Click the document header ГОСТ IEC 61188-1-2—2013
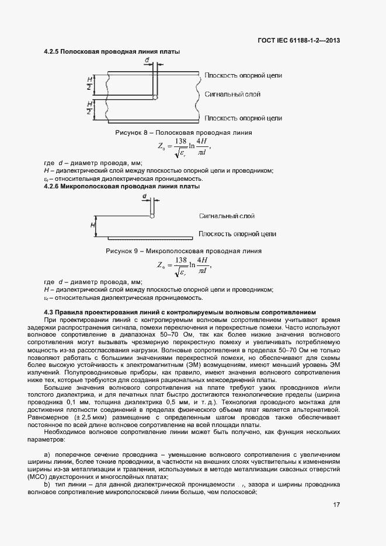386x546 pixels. [x=298, y=40]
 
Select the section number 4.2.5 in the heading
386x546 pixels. [x=52, y=52]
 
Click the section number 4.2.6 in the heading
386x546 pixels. [x=52, y=187]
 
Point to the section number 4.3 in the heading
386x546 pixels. [x=48, y=312]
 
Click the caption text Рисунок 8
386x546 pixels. [x=134, y=132]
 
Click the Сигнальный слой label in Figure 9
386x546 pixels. [x=227, y=216]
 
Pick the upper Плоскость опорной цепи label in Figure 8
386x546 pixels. [x=244, y=76]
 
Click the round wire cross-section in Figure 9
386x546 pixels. [x=152, y=216]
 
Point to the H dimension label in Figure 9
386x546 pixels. [x=92, y=224]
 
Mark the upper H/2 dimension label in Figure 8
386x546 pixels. [x=89, y=83]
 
